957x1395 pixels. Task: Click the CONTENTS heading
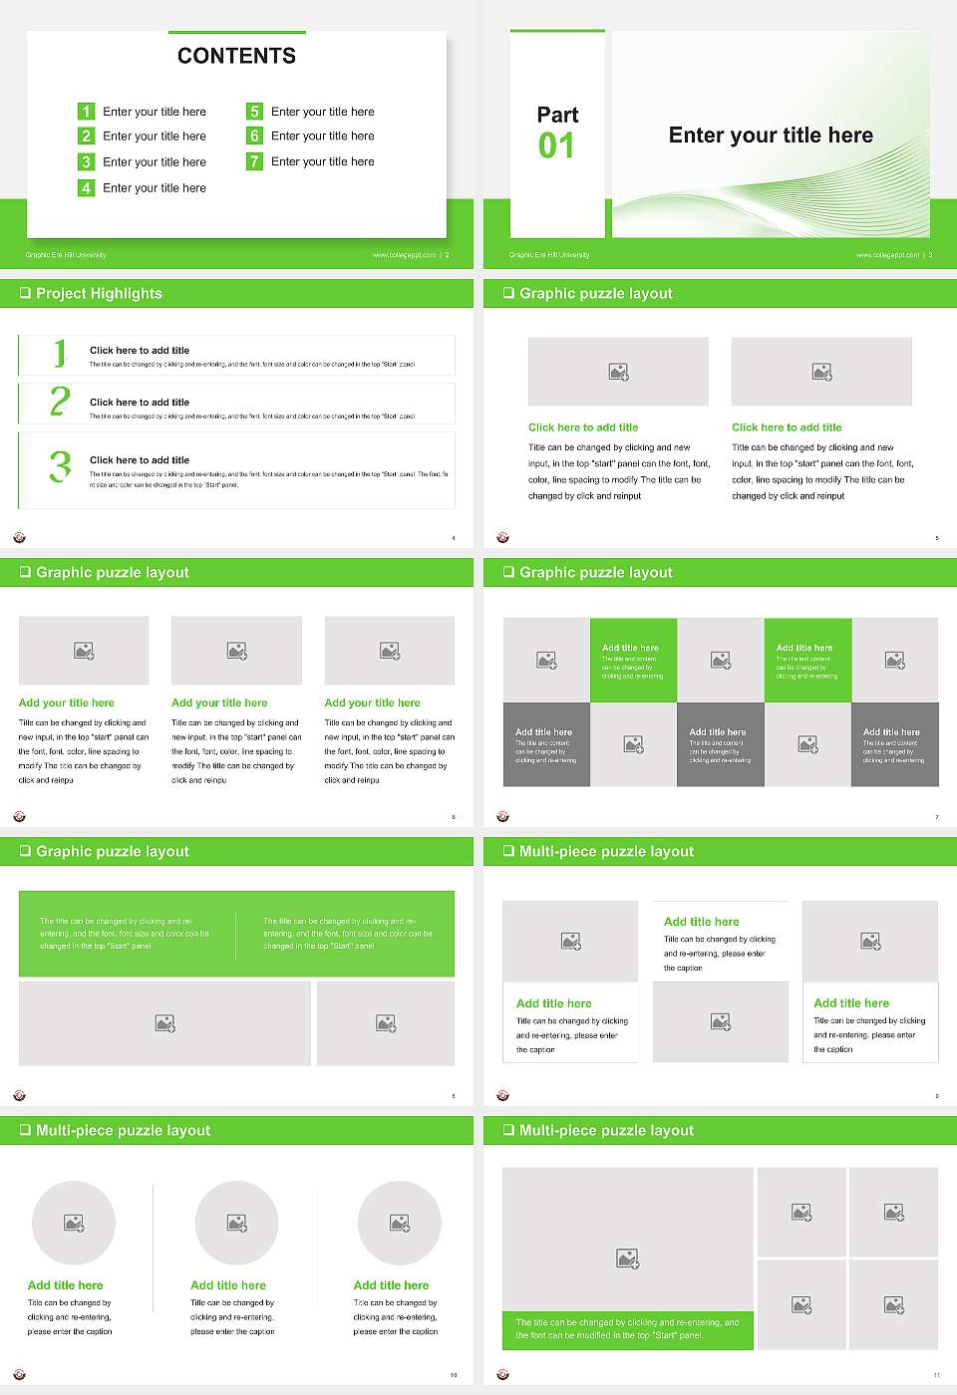click(x=236, y=56)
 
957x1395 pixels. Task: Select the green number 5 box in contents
click(x=254, y=112)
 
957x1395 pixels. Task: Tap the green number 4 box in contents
click(x=86, y=187)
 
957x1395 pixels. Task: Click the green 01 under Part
click(x=556, y=146)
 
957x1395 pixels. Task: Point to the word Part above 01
click(x=557, y=115)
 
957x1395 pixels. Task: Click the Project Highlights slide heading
click(x=99, y=294)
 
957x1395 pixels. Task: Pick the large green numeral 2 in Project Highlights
click(x=60, y=402)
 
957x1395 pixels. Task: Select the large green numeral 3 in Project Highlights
click(x=60, y=466)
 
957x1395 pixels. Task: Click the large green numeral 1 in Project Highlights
click(x=60, y=353)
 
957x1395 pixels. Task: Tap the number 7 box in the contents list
click(x=254, y=161)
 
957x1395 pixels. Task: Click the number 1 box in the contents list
click(x=86, y=112)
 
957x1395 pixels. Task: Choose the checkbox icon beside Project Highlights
click(x=25, y=294)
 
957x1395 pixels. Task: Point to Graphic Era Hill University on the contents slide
click(x=66, y=255)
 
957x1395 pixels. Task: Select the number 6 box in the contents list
click(x=254, y=136)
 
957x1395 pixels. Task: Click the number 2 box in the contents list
click(x=86, y=136)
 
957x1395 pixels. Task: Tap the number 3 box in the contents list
click(x=86, y=161)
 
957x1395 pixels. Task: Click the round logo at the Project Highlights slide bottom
click(x=19, y=538)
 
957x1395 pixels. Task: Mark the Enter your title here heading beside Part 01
click(x=771, y=136)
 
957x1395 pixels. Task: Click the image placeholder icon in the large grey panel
click(x=627, y=1259)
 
